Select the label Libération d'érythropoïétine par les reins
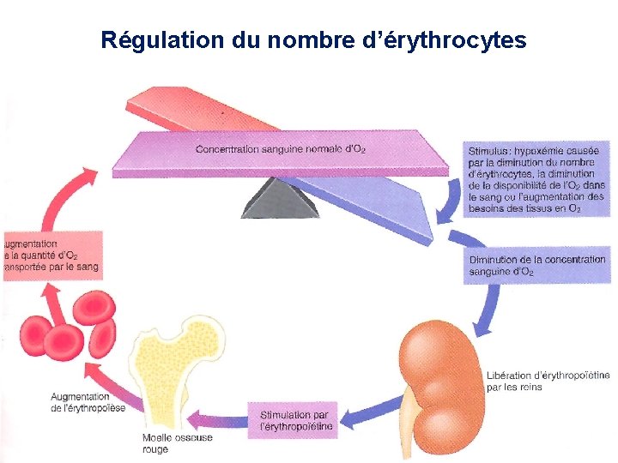point(548,381)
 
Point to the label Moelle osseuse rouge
point(177,443)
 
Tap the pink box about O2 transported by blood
point(51,256)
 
